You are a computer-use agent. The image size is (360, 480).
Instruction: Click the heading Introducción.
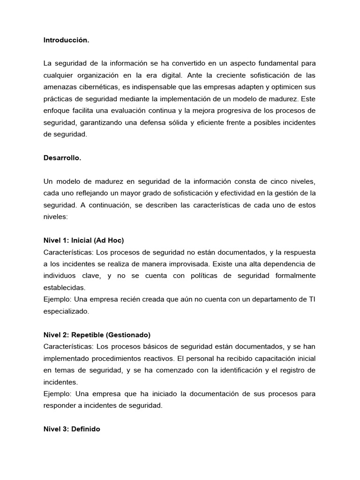click(66, 40)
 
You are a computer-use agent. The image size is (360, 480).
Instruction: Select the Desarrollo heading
click(62, 158)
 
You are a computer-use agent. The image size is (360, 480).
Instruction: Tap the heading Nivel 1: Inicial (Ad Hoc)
click(83, 240)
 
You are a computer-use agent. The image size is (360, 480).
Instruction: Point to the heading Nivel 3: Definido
click(72, 429)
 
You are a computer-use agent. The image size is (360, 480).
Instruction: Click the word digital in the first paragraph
click(172, 75)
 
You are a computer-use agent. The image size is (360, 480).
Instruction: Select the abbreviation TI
click(311, 299)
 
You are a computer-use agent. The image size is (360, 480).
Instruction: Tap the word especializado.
click(66, 311)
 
